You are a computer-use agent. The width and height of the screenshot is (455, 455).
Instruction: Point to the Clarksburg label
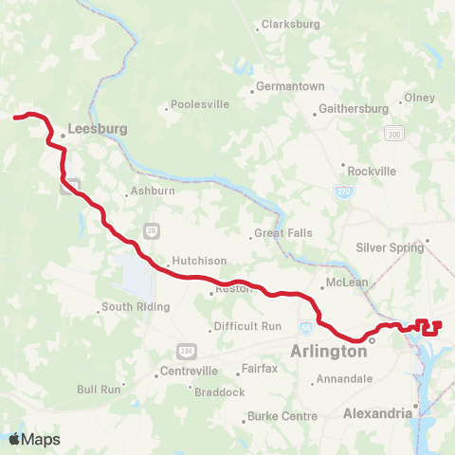tap(289, 25)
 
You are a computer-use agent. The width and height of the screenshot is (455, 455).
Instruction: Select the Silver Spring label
tap(389, 247)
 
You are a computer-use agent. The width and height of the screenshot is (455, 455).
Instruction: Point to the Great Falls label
tap(283, 233)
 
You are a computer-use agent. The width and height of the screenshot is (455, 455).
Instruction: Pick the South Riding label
tap(136, 307)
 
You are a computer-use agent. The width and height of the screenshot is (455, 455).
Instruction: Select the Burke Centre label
tap(282, 416)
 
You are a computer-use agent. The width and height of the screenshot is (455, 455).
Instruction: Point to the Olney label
tap(419, 98)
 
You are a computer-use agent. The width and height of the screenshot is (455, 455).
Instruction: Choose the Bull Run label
tap(100, 389)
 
